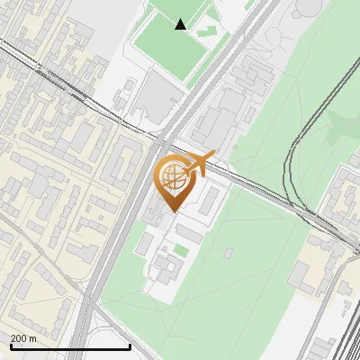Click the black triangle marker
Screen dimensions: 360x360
[x=181, y=24]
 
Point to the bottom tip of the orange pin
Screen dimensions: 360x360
[x=172, y=211]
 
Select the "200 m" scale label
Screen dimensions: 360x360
[x=23, y=338]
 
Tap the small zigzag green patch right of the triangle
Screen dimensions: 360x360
[x=207, y=31]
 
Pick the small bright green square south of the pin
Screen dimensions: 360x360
[x=182, y=249]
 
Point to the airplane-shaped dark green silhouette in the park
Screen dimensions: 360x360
[x=346, y=126]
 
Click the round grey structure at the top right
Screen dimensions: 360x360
[x=306, y=7]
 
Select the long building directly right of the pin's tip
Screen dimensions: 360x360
[x=207, y=200]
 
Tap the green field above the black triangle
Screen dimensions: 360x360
[x=175, y=7]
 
